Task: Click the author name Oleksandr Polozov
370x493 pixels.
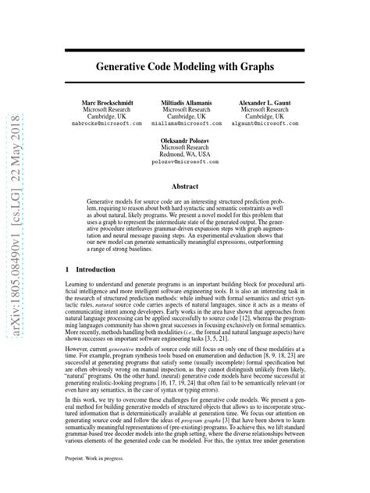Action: (x=185, y=140)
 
